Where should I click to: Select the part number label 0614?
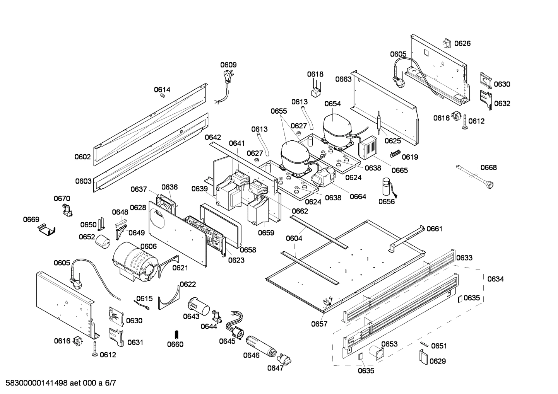click(x=162, y=90)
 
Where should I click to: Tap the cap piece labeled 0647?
click(x=285, y=359)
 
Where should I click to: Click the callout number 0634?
click(x=495, y=279)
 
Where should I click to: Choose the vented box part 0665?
click(x=368, y=147)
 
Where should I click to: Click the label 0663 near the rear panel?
click(x=343, y=79)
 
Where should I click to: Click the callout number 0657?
click(x=319, y=324)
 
